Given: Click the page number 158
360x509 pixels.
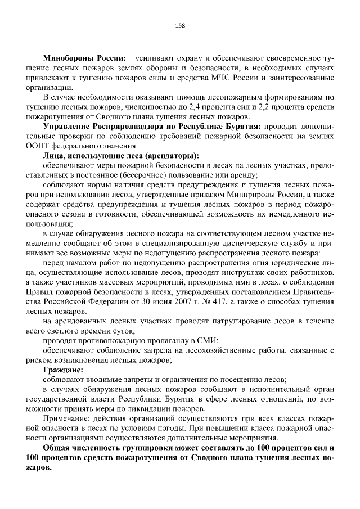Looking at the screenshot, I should [x=180, y=25].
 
